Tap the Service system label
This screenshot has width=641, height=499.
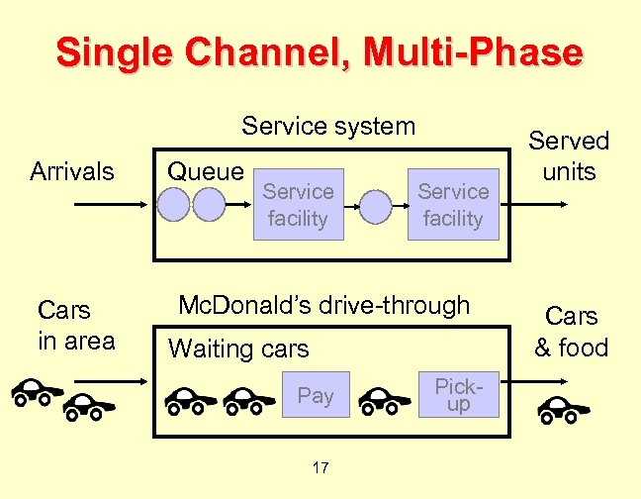328,126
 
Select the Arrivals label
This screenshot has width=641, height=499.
72,172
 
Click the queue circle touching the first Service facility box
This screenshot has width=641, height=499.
210,204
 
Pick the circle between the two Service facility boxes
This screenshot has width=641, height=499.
375,205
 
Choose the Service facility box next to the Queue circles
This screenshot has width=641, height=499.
298,204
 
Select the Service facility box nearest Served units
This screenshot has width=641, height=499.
452,204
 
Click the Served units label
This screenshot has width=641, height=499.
570,156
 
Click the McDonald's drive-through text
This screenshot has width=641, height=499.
323,305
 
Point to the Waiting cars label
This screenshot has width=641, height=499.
238,349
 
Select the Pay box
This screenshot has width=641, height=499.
316,396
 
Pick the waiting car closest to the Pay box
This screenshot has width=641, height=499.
248,399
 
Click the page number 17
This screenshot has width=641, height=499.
320,467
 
